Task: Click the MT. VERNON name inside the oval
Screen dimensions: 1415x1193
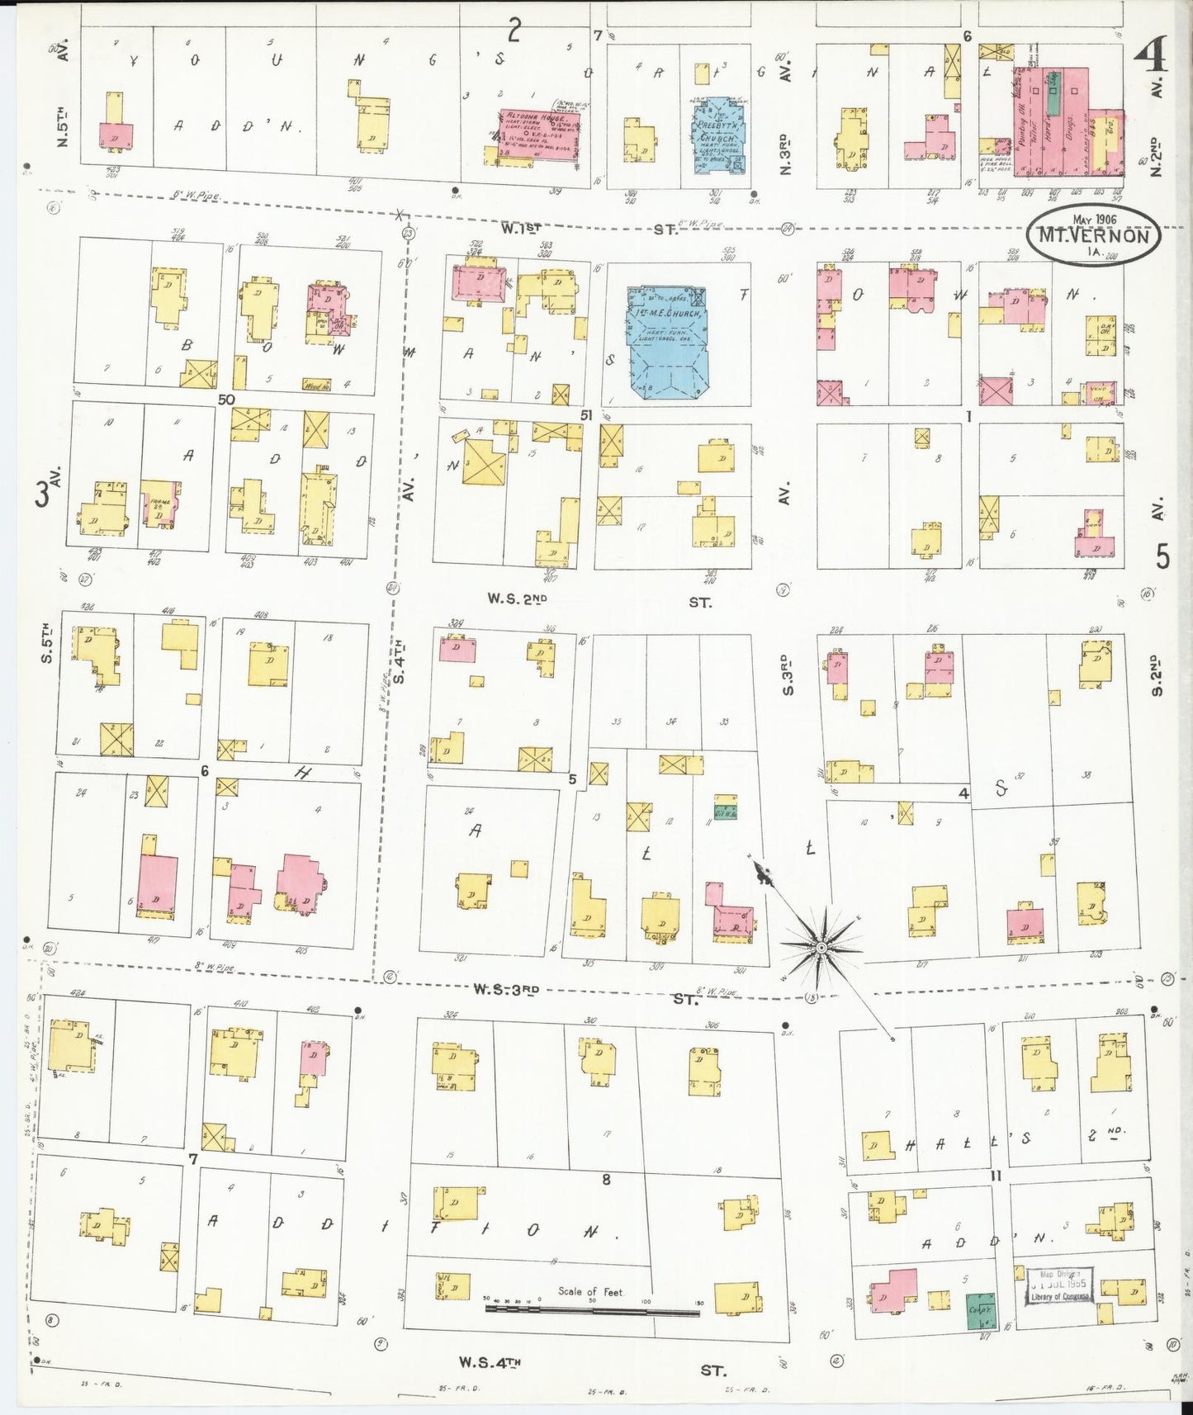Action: (x=1093, y=235)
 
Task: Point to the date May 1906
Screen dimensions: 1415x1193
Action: (x=1095, y=219)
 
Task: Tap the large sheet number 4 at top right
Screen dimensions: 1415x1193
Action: (x=1149, y=57)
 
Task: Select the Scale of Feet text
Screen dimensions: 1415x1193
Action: (x=590, y=1291)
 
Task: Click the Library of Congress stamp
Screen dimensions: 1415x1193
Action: (x=1059, y=1286)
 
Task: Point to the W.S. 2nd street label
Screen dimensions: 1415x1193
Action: (x=518, y=598)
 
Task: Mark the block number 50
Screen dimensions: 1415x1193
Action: (x=226, y=400)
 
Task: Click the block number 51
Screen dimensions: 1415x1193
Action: (x=586, y=415)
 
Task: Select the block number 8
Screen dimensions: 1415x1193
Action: (x=606, y=1179)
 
